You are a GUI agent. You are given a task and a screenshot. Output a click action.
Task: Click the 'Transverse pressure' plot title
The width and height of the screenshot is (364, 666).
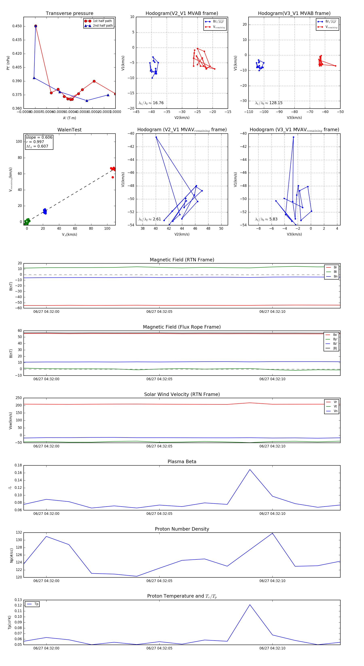tap(69, 14)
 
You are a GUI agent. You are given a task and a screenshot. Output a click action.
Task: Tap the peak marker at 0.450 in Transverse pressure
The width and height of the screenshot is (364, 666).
tap(36, 26)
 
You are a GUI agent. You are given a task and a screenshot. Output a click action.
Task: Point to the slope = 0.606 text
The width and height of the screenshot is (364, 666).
tap(39, 137)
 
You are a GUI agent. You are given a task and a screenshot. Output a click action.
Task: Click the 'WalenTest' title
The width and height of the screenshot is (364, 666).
tap(69, 130)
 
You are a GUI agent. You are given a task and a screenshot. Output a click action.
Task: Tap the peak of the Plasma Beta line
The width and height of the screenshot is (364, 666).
tap(250, 469)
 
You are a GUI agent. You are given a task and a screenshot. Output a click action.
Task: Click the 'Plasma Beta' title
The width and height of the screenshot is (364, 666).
tap(182, 462)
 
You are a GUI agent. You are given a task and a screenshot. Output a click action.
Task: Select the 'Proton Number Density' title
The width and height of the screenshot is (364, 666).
tap(182, 529)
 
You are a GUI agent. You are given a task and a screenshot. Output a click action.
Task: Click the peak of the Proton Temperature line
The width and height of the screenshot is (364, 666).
tap(250, 605)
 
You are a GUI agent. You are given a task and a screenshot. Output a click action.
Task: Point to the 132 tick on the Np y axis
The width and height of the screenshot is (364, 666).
tap(19, 533)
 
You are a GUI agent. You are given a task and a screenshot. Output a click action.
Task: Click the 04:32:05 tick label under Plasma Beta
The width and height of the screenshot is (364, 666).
tap(159, 513)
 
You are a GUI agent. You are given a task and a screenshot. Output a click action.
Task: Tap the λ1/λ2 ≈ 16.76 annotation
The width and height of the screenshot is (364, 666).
tap(151, 103)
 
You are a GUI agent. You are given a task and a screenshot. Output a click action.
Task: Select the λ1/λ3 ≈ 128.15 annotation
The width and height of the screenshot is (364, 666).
tap(269, 103)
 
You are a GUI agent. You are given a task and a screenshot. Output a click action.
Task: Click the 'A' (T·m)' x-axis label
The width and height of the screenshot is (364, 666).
tap(69, 118)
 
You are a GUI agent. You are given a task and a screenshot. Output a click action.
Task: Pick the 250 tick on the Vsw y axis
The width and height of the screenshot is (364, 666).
tap(19, 398)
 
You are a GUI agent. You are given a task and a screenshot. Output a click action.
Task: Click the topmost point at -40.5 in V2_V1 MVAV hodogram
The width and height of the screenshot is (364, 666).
tap(156, 137)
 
